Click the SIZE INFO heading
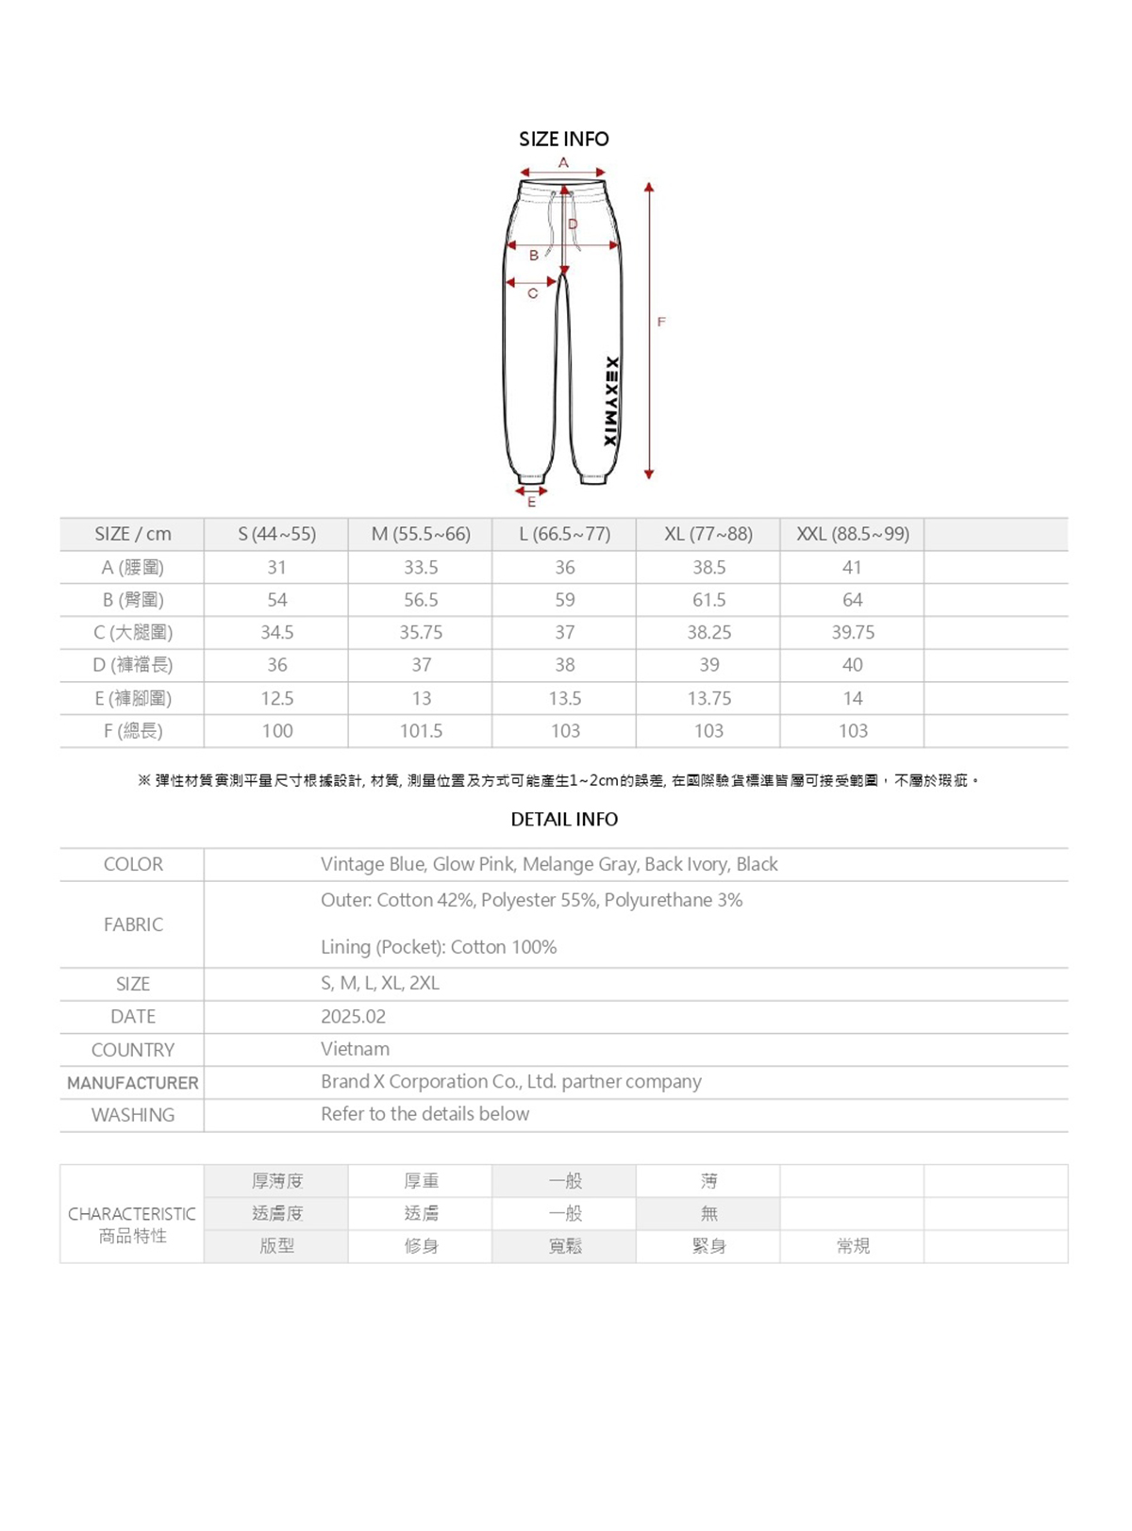pos(563,139)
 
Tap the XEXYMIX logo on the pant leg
pos(610,402)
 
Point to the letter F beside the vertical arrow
pos(661,322)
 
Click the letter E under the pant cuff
pos(531,503)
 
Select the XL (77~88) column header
pos(707,534)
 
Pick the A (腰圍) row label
pos(132,567)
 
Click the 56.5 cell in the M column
pos(421,600)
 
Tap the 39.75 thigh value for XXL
pos(852,632)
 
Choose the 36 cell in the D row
pos(276,665)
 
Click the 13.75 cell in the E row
pos(708,698)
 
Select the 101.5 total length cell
pos(421,731)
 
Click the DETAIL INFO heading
pos(564,819)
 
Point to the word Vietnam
pos(355,1049)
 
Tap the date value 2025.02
pos(353,1016)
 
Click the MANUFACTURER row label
pos(132,1083)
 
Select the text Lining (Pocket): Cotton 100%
pos(438,947)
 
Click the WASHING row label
pos(132,1115)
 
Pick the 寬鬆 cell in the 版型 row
pos(564,1246)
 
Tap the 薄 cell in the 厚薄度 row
pos(708,1181)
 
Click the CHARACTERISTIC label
pos(132,1214)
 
